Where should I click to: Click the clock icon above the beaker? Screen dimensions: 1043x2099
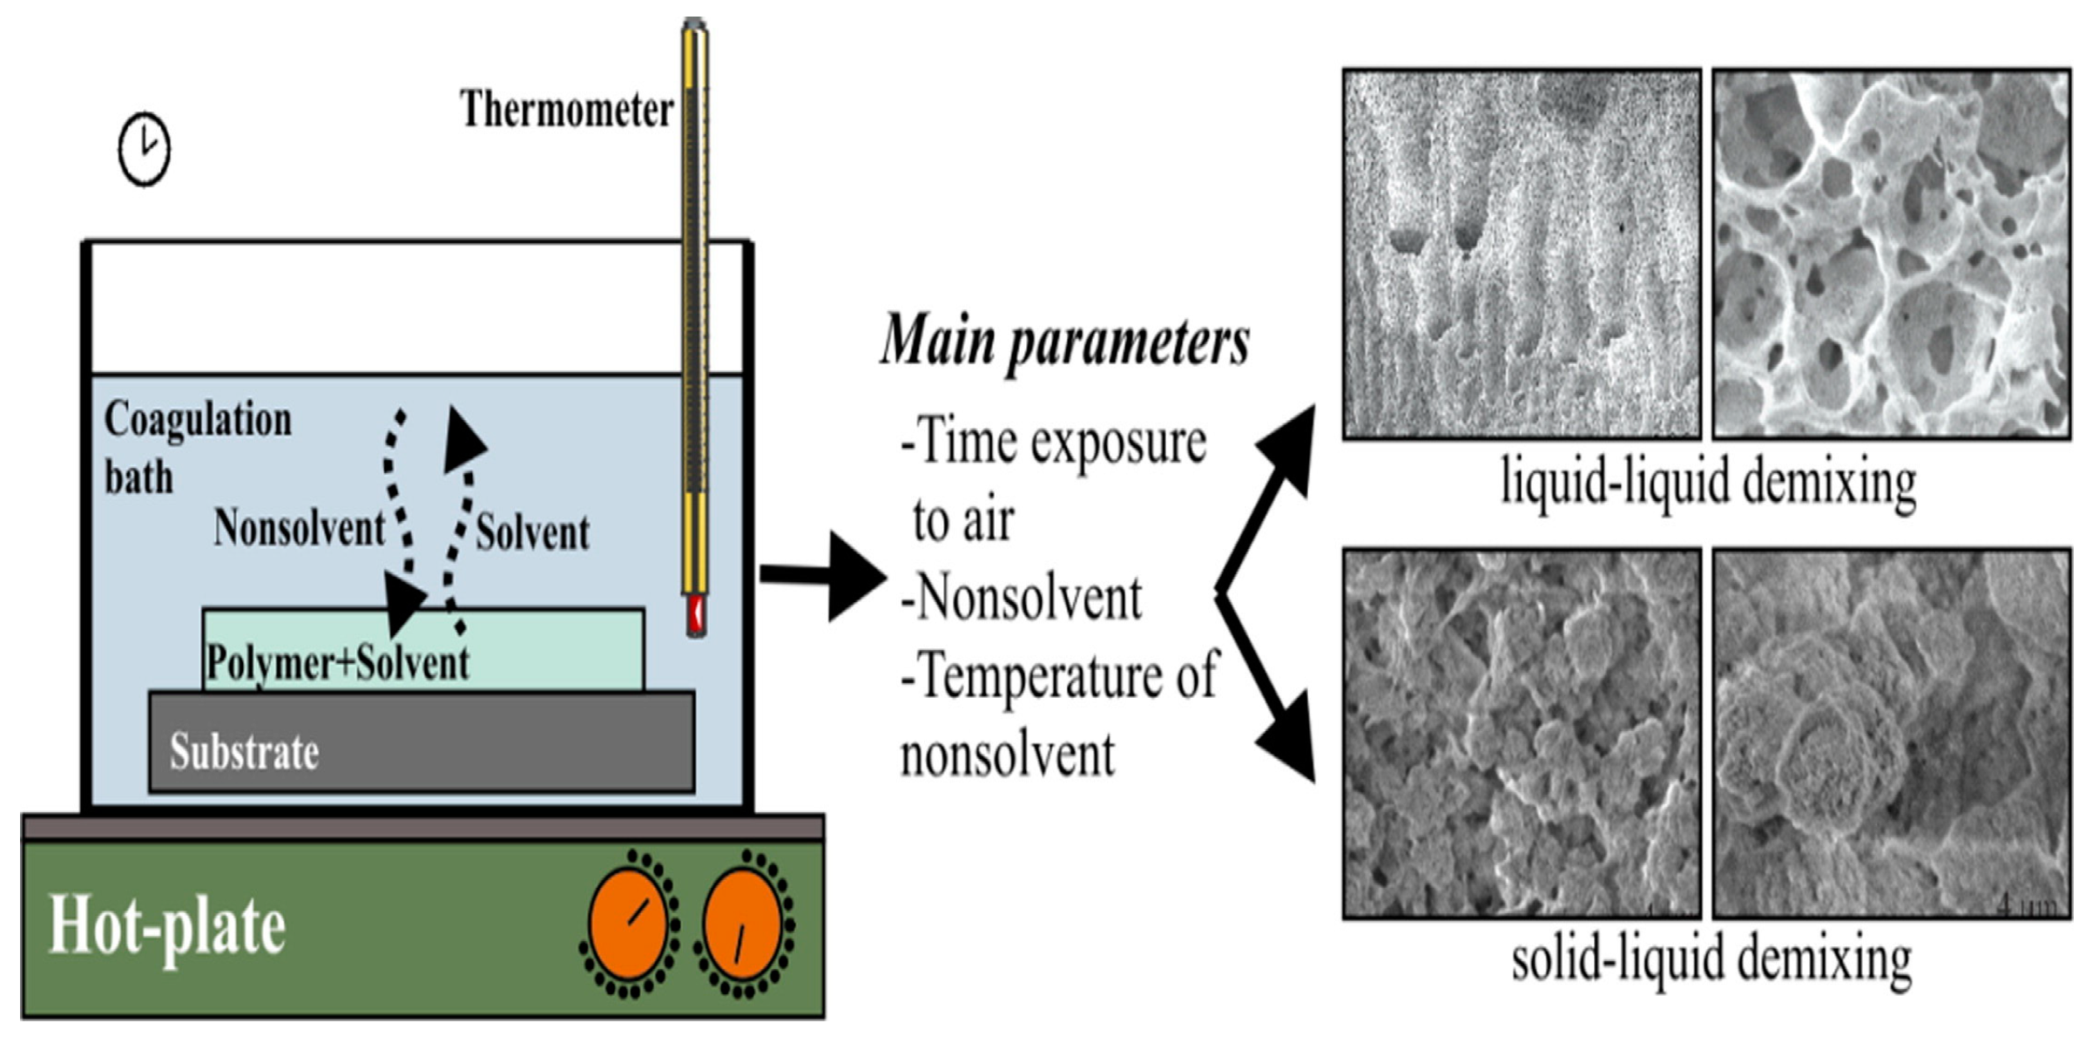(x=144, y=149)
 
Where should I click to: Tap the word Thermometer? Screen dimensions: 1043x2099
(x=566, y=110)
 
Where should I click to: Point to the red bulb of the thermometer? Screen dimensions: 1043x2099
(x=695, y=614)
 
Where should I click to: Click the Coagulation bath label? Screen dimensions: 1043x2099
(x=198, y=448)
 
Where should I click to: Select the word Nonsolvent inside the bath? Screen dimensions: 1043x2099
(x=299, y=528)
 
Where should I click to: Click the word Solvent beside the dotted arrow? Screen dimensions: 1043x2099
(x=532, y=532)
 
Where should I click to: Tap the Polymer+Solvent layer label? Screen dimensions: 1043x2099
(x=337, y=663)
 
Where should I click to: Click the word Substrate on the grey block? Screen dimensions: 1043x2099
(x=244, y=751)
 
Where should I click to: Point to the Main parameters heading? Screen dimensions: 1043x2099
(x=1064, y=341)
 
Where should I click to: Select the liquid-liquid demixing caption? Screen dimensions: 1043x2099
(x=1708, y=481)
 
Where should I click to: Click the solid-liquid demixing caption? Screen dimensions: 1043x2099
(x=1711, y=959)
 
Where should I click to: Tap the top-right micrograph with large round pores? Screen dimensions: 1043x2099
(x=1892, y=254)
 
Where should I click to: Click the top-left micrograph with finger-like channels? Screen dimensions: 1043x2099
(x=1522, y=254)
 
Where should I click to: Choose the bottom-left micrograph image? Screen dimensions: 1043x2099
(x=1522, y=733)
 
